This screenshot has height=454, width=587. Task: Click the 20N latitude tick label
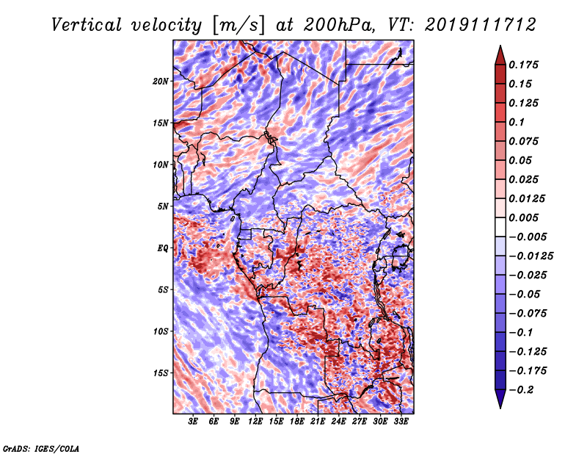tap(161, 81)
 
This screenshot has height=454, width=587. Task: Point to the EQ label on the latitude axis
tap(163, 248)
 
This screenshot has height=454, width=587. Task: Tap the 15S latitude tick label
tap(161, 373)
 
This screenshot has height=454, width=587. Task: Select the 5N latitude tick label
tap(163, 206)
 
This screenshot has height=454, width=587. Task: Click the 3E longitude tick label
tap(193, 421)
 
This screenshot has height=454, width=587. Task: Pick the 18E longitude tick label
tap(297, 421)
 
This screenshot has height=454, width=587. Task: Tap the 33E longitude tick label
tap(401, 421)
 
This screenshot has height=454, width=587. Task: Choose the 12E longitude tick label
tap(255, 421)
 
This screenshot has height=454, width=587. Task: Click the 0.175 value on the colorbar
tap(523, 65)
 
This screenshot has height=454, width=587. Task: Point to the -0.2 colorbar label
tap(521, 390)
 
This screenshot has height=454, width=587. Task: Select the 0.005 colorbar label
tap(523, 217)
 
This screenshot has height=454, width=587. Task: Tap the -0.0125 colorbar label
tap(531, 256)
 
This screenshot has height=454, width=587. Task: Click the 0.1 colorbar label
tap(517, 122)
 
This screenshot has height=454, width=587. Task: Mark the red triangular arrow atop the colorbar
tap(500, 55)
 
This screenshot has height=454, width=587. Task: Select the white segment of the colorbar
tap(500, 227)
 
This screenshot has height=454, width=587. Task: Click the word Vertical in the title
tap(87, 25)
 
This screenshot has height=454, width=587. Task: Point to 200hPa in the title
tap(339, 25)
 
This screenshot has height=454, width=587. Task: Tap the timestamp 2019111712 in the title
tap(481, 25)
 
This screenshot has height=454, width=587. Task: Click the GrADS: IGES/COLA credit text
tap(41, 448)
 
